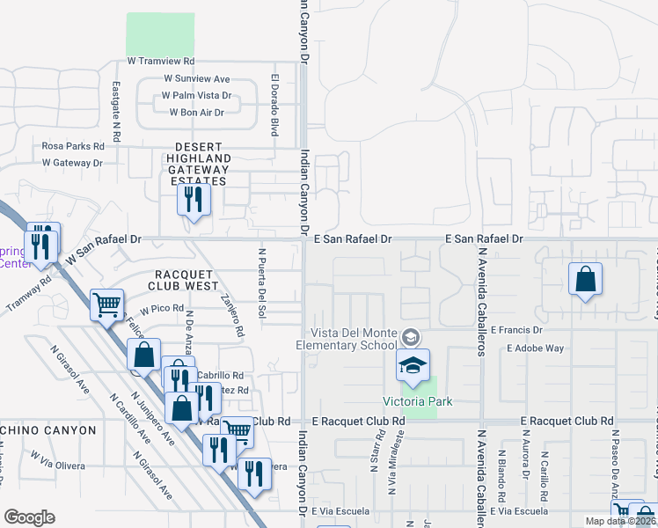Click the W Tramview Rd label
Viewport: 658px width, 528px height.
[x=159, y=62]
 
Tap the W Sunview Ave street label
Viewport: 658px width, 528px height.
[x=196, y=78]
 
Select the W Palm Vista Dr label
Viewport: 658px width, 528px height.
[x=197, y=95]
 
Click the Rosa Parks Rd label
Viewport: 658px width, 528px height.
[x=73, y=146]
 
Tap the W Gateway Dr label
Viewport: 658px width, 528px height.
[x=72, y=163]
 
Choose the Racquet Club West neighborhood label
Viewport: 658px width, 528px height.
[x=186, y=280]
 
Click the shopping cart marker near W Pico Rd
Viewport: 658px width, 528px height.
[x=107, y=305]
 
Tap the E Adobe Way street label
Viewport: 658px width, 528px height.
[x=535, y=348]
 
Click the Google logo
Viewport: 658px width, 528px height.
[x=29, y=517]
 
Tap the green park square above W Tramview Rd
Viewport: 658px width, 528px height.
[x=160, y=34]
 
